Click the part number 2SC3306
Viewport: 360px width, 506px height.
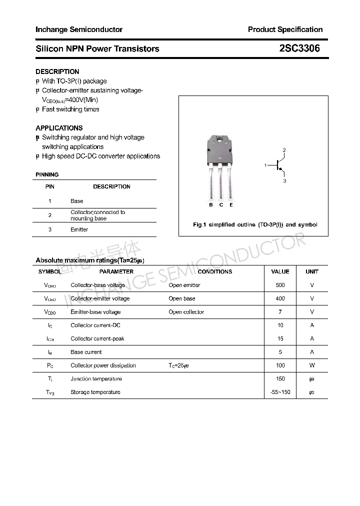click(x=299, y=48)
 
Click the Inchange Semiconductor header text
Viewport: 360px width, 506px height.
click(x=79, y=29)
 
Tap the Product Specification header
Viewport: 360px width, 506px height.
click(x=285, y=29)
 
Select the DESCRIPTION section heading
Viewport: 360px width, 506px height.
click(x=57, y=71)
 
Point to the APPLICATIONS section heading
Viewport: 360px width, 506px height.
click(x=59, y=128)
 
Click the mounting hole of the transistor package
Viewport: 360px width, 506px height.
click(x=220, y=141)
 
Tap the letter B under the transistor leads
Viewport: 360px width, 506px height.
click(x=211, y=205)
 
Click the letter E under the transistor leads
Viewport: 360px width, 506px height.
click(x=231, y=205)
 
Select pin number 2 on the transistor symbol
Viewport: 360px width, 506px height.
click(x=284, y=150)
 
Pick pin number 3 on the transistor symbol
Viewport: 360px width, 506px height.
click(x=284, y=180)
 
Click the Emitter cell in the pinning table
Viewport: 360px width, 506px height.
click(x=79, y=229)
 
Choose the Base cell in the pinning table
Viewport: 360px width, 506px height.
click(x=77, y=201)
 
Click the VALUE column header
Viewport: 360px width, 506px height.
click(x=280, y=271)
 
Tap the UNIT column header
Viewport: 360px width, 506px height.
click(x=312, y=271)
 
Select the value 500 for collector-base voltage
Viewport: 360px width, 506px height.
click(x=280, y=285)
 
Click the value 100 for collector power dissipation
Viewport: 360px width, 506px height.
click(x=280, y=365)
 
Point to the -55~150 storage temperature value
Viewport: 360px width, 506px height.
click(x=280, y=392)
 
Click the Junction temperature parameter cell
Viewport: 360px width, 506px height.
click(x=96, y=379)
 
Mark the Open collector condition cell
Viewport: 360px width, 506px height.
click(x=186, y=312)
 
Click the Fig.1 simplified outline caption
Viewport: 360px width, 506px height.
click(x=255, y=224)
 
